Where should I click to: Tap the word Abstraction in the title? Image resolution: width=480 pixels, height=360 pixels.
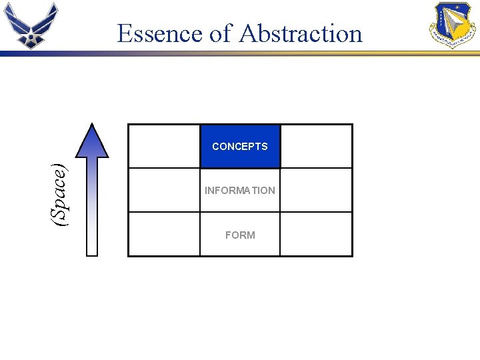coord(301,33)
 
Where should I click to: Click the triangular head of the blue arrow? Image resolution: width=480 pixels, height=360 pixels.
coord(92,141)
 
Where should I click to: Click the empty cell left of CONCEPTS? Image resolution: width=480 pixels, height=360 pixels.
coord(164,146)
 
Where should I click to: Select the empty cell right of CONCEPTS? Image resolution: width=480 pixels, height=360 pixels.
coord(316,146)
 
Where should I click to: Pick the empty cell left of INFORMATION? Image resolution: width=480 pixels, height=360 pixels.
coord(164,190)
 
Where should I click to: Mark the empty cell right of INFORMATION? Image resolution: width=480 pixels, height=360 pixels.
coord(316,190)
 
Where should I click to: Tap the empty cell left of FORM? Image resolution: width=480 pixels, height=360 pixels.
coord(164,234)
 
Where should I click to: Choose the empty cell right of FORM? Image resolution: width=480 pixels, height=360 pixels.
coord(316,234)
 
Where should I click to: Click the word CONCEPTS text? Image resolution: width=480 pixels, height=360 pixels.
coord(240,147)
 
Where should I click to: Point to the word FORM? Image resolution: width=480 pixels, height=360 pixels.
coord(240,235)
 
